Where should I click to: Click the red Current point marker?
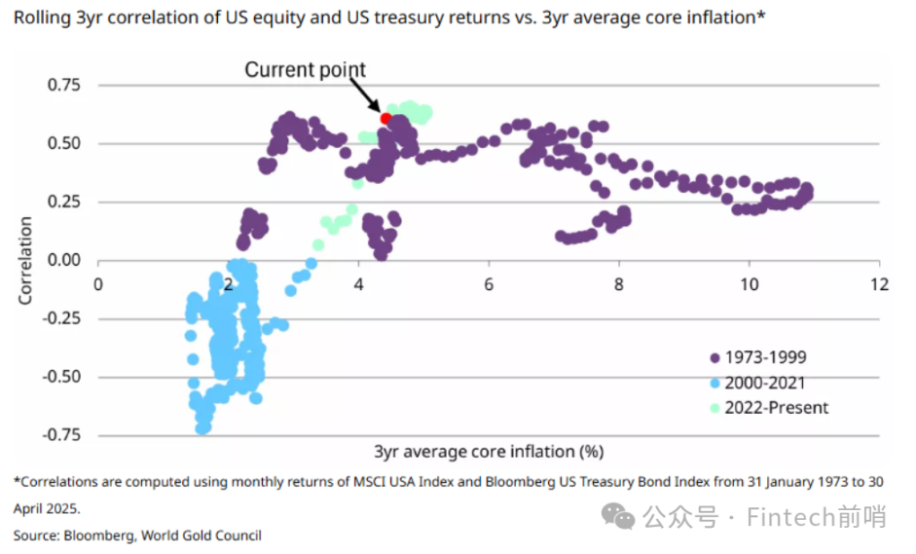385,118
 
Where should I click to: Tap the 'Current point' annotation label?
305,70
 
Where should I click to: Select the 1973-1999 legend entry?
766,357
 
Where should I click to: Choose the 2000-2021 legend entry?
766,383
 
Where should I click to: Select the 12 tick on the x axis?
879,284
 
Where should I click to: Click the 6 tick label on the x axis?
489,284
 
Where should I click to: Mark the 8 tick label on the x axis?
619,284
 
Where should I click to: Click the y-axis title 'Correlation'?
25,260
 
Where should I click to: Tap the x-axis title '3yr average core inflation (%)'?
489,451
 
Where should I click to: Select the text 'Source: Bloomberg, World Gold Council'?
137,535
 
